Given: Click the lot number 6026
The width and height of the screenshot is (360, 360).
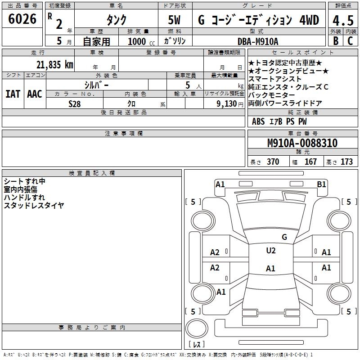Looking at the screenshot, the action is coord(22,19).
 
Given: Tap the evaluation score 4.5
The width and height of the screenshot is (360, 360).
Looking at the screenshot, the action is coord(342,20).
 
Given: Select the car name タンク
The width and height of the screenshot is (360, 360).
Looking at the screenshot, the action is coord(116,20).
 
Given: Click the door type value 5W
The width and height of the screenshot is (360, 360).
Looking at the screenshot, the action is coord(175,20).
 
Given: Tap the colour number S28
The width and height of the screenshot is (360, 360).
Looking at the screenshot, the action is coord(75,103).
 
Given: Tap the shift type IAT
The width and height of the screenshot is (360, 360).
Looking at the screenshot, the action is coord(13,94).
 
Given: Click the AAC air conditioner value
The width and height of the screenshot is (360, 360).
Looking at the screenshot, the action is coord(35,94).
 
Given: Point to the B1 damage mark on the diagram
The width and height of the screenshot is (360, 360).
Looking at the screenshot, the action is coord(321,184).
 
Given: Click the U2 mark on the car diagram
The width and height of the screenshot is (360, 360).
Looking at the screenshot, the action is coord(270,251).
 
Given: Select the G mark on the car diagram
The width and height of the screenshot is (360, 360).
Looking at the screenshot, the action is coord(284,237).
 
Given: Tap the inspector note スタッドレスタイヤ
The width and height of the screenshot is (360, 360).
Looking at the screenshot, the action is coord(34,206).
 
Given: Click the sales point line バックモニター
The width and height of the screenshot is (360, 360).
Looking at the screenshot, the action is coord(271,95).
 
